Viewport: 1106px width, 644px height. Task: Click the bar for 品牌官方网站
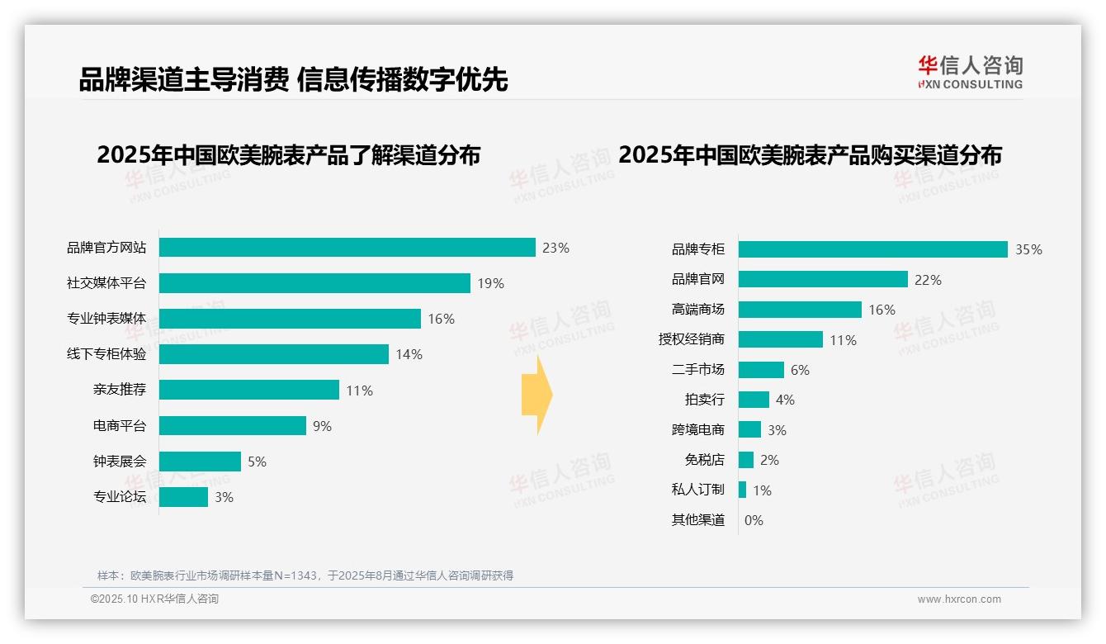pos(347,248)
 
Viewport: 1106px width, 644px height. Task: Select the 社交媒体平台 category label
pos(106,283)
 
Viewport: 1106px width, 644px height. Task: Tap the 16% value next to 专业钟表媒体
pos(441,319)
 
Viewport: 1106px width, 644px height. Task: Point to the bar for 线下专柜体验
pos(273,354)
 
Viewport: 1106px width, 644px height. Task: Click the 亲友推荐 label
pos(120,390)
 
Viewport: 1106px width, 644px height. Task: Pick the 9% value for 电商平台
pos(322,426)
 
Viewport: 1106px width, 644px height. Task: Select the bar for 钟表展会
pos(200,462)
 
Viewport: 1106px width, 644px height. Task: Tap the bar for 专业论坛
pos(183,497)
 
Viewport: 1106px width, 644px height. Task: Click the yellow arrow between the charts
pos(537,395)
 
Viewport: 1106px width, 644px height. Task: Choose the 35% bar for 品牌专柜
pos(872,249)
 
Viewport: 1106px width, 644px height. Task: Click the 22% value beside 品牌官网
pos(928,280)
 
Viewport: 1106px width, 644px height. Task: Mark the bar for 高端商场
pos(800,310)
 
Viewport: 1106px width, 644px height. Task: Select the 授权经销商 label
pos(691,339)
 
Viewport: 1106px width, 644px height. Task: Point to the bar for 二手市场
pos(761,370)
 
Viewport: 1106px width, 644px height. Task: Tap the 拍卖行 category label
pos(704,400)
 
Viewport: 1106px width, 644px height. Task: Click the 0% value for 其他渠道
pos(754,520)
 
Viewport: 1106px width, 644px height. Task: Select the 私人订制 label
pos(697,490)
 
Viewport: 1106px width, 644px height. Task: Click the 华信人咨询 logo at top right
pos(971,73)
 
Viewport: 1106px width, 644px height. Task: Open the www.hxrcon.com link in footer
pos(958,599)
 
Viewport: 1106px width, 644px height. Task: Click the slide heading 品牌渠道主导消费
pos(183,79)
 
